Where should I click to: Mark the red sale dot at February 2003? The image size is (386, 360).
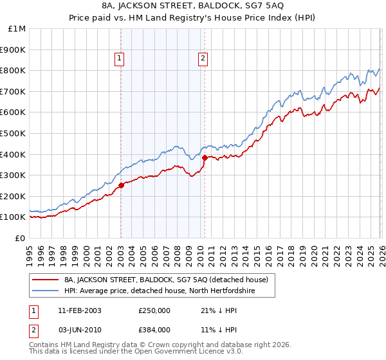point(121,185)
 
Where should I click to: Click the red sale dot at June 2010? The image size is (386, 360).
point(205,157)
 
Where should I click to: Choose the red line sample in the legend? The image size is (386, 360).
point(45,280)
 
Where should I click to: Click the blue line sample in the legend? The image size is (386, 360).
point(45,291)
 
